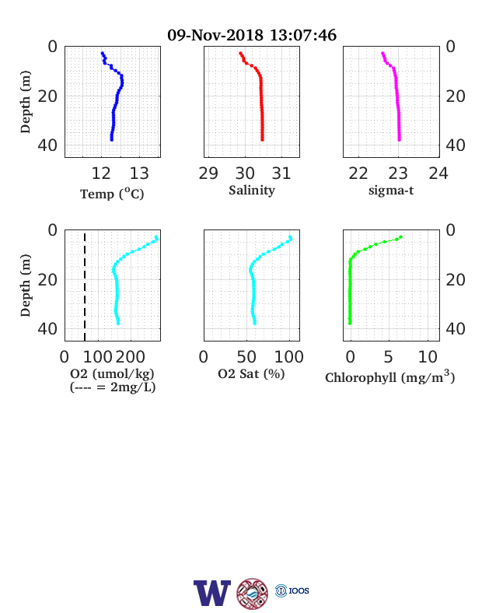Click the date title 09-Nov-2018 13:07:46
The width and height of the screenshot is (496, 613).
point(252,35)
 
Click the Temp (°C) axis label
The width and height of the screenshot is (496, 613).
point(112,194)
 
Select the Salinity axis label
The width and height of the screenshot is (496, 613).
point(252,191)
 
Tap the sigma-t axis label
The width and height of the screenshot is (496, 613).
point(391,191)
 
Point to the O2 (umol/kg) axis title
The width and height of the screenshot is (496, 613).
point(112,374)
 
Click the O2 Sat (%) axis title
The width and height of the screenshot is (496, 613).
point(251,374)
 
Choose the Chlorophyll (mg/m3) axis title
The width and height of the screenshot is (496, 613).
point(390,377)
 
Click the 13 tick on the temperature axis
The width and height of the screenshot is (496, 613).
point(139,173)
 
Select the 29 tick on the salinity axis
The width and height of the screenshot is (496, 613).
point(208,173)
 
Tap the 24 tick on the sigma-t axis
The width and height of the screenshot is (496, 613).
point(438,173)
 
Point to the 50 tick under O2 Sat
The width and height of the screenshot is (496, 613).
point(246,357)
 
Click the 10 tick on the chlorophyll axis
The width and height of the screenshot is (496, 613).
point(428,357)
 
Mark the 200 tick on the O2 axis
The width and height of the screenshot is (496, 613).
point(131,357)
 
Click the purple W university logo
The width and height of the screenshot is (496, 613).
point(212,593)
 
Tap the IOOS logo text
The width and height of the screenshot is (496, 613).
point(299,590)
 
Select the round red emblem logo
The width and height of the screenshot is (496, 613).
point(253,594)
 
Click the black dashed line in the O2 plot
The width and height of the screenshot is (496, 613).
point(85,286)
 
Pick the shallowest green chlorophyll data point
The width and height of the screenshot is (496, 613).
point(400,237)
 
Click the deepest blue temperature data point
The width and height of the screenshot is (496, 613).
point(112,139)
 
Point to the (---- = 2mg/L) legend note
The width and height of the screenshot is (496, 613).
point(113,387)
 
